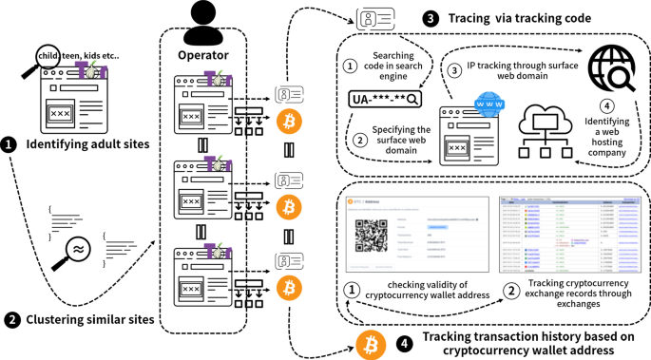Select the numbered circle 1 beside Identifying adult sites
tap(10, 144)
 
